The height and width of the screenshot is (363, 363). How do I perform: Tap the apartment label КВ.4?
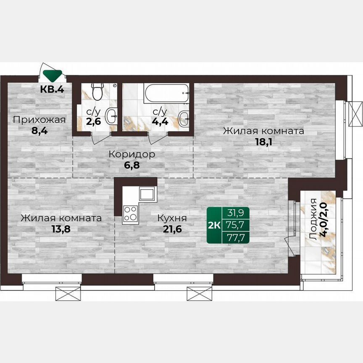[x=52, y=89]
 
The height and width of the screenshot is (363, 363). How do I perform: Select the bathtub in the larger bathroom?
[x=166, y=93]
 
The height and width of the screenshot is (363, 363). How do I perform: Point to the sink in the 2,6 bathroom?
[x=111, y=116]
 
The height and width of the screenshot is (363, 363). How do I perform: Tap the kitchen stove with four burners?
[x=130, y=213]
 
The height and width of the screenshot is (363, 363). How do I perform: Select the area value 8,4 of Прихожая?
[x=39, y=131]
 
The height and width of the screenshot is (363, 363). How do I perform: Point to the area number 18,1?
[x=264, y=142]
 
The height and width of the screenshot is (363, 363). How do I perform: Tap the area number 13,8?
[x=61, y=229]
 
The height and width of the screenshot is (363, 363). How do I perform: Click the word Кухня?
[x=172, y=218]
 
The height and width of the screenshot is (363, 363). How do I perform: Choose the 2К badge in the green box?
[x=214, y=225]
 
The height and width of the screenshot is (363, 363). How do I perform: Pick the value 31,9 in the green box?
[x=235, y=213]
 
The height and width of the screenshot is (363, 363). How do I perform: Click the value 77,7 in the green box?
[x=236, y=237]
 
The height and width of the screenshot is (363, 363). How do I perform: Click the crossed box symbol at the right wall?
[x=355, y=114]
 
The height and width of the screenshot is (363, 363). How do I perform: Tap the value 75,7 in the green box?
[x=236, y=225]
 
